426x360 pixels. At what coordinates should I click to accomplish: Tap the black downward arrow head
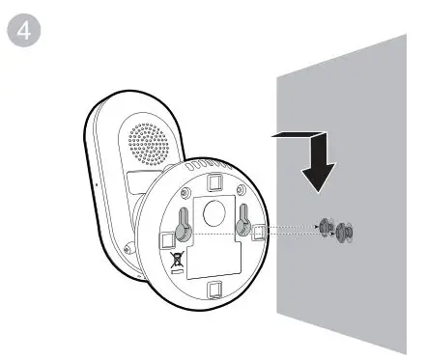pyautogui.click(x=316, y=175)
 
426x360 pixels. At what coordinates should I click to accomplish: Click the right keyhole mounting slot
pyautogui.click(x=241, y=224)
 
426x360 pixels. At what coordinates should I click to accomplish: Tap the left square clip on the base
pyautogui.click(x=160, y=236)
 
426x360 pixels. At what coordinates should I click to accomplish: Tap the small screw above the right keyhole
pyautogui.click(x=241, y=208)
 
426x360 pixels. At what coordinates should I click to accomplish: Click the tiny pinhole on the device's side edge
pyautogui.click(x=95, y=180)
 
